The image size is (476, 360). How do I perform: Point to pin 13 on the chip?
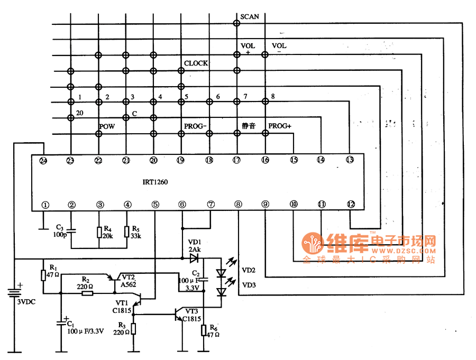349,160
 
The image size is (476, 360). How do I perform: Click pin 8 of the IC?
238,205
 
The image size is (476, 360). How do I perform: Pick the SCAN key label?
250,16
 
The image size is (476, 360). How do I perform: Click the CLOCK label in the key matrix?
196,63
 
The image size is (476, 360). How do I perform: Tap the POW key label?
107,127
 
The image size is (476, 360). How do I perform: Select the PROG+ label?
280,126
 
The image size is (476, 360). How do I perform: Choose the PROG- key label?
195,126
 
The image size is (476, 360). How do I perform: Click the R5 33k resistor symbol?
127,232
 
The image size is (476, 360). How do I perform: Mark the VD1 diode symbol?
193,259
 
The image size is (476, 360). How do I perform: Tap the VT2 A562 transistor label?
129,280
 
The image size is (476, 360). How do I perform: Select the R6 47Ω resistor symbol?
204,331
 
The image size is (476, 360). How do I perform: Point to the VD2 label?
249,270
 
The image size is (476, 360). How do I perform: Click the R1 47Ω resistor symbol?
44,275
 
